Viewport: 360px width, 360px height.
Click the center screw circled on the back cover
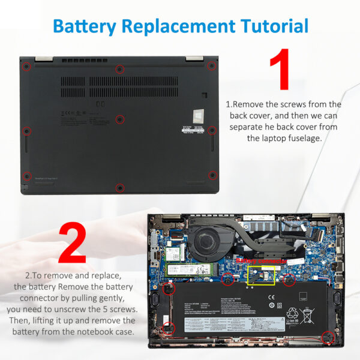click(x=119, y=119)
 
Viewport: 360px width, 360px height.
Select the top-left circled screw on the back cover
click(x=26, y=65)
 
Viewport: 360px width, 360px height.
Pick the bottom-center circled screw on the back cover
click(x=119, y=188)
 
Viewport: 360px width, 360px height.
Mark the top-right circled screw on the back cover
click(x=211, y=65)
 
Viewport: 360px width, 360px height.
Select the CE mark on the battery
click(x=271, y=296)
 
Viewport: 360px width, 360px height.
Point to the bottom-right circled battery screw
click(x=327, y=337)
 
